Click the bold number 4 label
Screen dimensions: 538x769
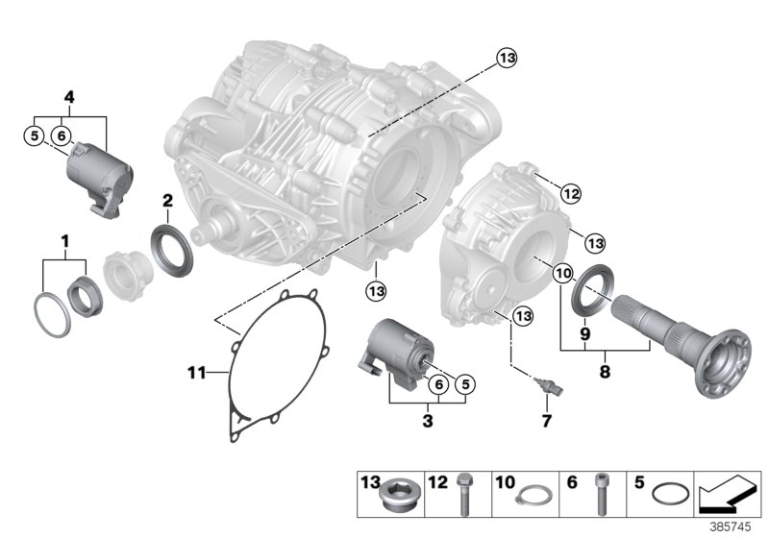pos(68,96)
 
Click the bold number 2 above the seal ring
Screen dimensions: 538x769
pos(166,201)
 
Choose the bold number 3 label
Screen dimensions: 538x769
pos(427,420)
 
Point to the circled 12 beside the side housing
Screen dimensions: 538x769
pos(571,195)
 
